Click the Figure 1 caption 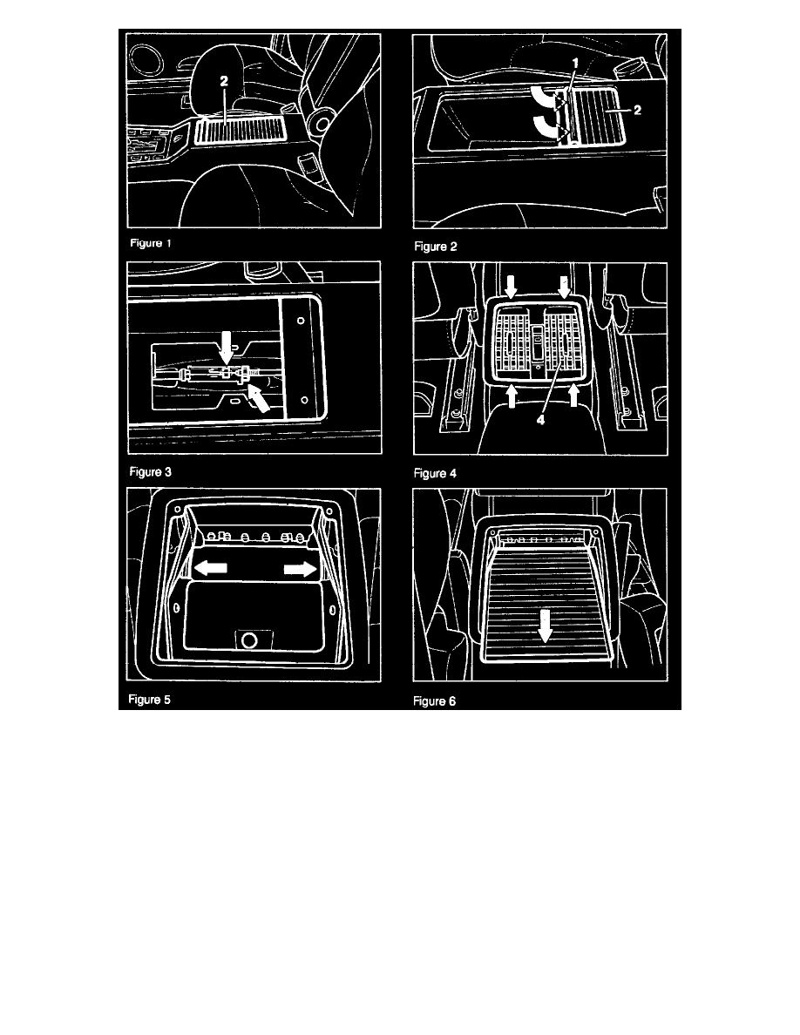pos(151,243)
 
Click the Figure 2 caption pos(436,247)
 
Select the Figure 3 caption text pos(151,472)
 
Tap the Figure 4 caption pos(435,473)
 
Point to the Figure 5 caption pos(149,700)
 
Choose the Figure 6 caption pos(434,701)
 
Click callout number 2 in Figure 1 pos(225,81)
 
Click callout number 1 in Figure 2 pos(575,64)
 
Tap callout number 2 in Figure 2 pos(638,111)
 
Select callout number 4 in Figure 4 pos(540,419)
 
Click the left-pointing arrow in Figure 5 pos(211,567)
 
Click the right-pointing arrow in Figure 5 pos(301,569)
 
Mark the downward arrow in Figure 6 pos(545,625)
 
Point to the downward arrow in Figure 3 pos(227,348)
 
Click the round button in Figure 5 pos(249,639)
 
